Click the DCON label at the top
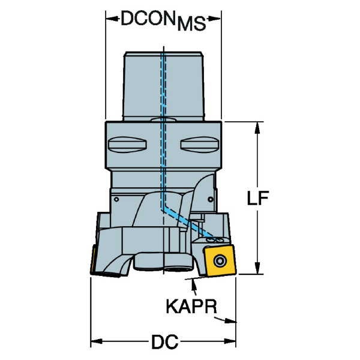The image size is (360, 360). (148, 18)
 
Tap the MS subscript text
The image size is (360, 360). (191, 24)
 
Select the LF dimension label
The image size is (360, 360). (257, 198)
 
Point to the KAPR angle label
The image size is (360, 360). (191, 306)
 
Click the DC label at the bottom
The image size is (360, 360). (164, 341)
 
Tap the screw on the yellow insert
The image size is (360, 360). (220, 261)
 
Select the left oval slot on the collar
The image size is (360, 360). (127, 145)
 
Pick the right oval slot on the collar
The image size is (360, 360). (199, 145)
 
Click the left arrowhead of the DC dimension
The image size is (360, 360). (97, 341)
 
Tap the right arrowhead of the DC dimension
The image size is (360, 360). (230, 341)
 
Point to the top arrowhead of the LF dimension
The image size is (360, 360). (257, 128)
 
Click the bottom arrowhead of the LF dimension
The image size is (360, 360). (257, 268)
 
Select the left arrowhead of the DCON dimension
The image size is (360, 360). (112, 19)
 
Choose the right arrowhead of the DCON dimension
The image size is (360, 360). (215, 19)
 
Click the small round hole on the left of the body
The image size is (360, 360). (116, 199)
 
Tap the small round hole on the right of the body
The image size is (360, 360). (211, 199)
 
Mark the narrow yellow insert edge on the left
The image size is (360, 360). (93, 260)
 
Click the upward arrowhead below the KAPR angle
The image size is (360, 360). (193, 284)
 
